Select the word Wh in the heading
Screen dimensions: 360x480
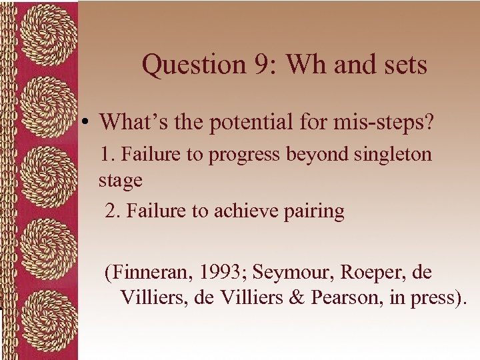(299, 65)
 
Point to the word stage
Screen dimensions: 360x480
(120, 181)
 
